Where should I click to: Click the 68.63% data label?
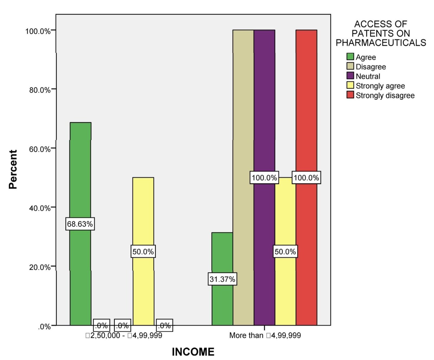tap(80, 224)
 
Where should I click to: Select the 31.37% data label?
tap(222, 279)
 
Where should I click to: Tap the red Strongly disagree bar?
tap(307, 178)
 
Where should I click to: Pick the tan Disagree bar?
tap(243, 178)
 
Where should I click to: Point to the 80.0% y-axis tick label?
tap(40, 90)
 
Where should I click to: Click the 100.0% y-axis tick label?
tap(38, 31)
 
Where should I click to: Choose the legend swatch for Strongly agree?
tap(350, 85)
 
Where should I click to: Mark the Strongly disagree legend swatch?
tap(350, 95)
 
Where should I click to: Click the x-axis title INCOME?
tap(193, 352)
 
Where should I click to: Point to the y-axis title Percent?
tap(13, 169)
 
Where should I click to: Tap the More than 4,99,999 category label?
tap(265, 335)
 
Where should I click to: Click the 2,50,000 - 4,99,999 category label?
tap(124, 335)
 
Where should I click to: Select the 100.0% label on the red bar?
tap(307, 178)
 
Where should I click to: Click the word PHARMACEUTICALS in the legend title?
tap(381, 43)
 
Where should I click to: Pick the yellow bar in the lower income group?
tap(143, 251)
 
